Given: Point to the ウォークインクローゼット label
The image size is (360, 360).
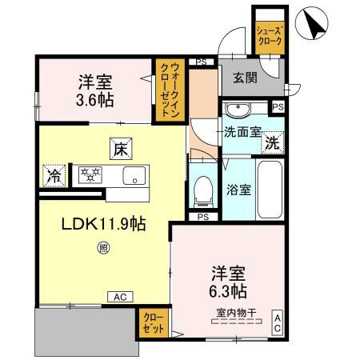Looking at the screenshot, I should (170, 90).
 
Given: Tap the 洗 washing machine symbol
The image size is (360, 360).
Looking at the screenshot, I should (272, 143).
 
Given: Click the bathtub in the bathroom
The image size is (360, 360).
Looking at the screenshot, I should (270, 190).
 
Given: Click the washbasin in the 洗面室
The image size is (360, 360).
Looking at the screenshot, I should (238, 111).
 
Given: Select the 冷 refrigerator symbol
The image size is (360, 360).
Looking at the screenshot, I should (54, 174).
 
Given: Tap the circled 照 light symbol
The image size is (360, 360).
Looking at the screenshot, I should (103, 249).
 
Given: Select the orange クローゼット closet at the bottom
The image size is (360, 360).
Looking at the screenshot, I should (150, 323).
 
